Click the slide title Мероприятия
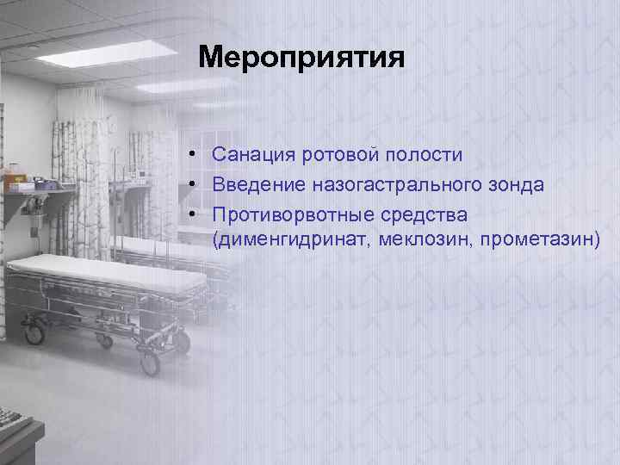pyautogui.click(x=301, y=59)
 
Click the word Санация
pyautogui.click(x=254, y=155)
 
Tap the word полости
pyautogui.click(x=424, y=155)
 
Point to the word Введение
pyautogui.click(x=257, y=184)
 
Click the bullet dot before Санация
pyautogui.click(x=196, y=156)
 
